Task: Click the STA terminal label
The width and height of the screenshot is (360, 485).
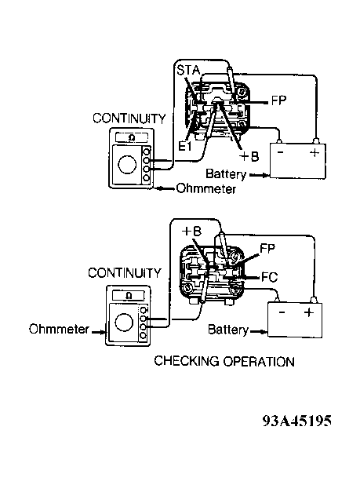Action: [x=188, y=70]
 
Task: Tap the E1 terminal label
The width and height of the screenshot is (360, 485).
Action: [x=185, y=146]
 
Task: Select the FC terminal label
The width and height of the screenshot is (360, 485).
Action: [x=270, y=277]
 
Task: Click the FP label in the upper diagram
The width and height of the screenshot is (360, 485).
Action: [x=278, y=100]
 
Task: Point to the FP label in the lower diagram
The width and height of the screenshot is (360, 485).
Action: [x=267, y=248]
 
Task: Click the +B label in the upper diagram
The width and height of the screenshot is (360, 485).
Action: [x=249, y=156]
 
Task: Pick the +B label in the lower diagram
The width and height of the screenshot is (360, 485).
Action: [x=191, y=231]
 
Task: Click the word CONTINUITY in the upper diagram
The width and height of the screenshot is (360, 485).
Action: [x=129, y=119]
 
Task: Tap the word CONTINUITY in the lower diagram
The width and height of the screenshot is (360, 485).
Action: [x=125, y=273]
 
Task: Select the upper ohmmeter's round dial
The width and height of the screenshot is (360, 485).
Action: [x=127, y=165]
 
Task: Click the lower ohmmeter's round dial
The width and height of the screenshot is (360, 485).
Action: [x=124, y=322]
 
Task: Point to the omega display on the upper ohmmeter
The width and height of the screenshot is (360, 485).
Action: [x=132, y=137]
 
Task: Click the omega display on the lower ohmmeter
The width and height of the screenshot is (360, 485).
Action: [x=129, y=296]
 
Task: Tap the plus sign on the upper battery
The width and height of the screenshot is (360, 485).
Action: [x=315, y=152]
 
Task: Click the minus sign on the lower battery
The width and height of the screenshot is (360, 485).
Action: [x=282, y=312]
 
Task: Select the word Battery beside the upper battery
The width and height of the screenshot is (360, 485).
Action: [x=226, y=174]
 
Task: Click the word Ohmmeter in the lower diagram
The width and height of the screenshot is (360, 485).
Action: [x=59, y=329]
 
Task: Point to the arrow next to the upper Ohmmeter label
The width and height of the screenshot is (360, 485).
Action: [x=165, y=188]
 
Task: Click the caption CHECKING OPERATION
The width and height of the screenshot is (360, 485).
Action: [x=224, y=361]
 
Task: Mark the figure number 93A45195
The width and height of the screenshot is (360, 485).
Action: [x=297, y=421]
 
